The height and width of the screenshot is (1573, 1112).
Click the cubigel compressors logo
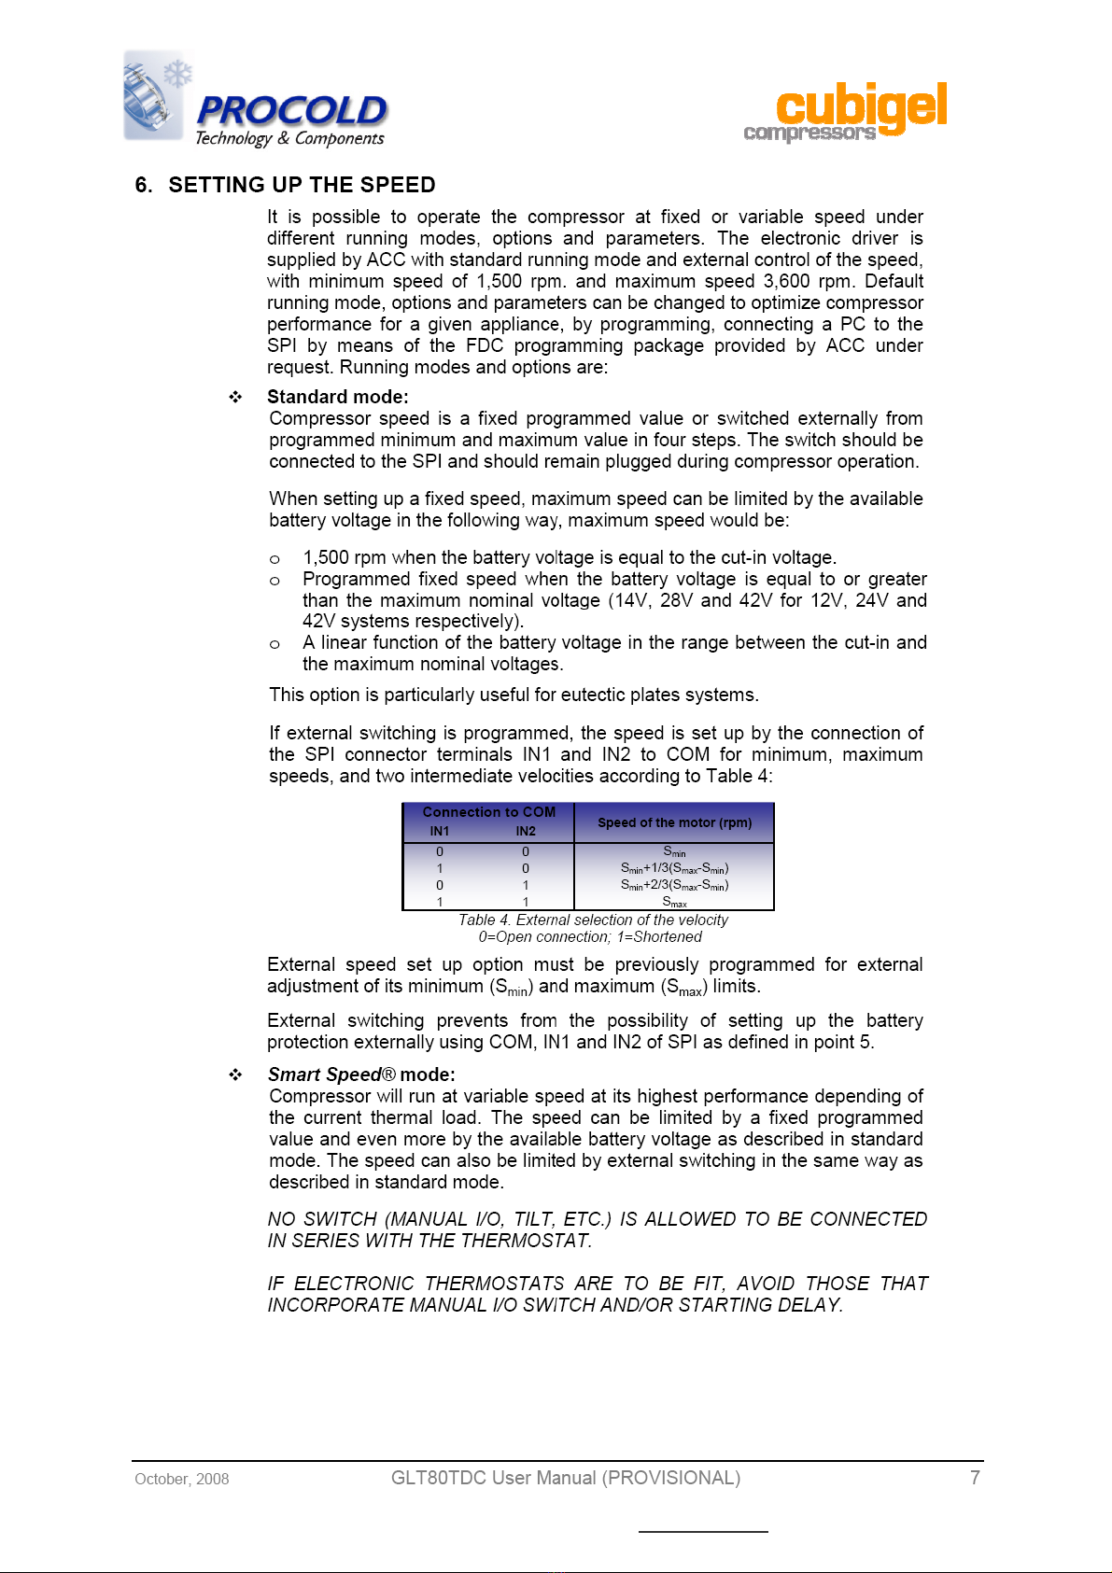tap(846, 113)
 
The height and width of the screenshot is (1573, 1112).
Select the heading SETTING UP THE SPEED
tap(302, 185)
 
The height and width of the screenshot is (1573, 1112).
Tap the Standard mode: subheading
tap(338, 397)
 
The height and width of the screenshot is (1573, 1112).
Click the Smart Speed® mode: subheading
tap(361, 1074)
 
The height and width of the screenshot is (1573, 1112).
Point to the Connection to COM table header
tap(488, 812)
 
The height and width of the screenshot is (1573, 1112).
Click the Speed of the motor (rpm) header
tap(674, 822)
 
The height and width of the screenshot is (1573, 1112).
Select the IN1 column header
tap(440, 831)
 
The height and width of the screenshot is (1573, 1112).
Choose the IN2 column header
tap(526, 831)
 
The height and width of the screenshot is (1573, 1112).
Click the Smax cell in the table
tap(674, 902)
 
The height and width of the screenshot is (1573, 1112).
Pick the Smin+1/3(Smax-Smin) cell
tap(674, 868)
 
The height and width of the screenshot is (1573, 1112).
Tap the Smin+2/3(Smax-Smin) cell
tap(674, 885)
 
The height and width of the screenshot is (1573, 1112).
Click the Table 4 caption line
tap(593, 920)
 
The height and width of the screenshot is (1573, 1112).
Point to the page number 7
tap(975, 1478)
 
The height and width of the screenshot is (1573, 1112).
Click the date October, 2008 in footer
tap(182, 1479)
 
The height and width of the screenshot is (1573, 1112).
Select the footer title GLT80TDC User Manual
tap(565, 1478)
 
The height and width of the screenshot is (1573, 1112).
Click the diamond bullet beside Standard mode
tap(236, 398)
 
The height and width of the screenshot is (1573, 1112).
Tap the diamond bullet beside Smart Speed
tap(236, 1075)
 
